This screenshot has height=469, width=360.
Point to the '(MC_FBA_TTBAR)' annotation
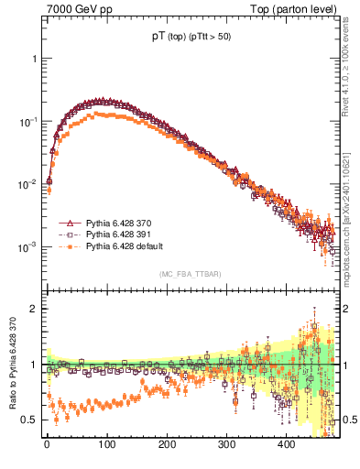190,275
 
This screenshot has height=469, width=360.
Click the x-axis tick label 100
106,444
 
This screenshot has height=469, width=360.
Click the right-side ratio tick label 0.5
349,420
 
